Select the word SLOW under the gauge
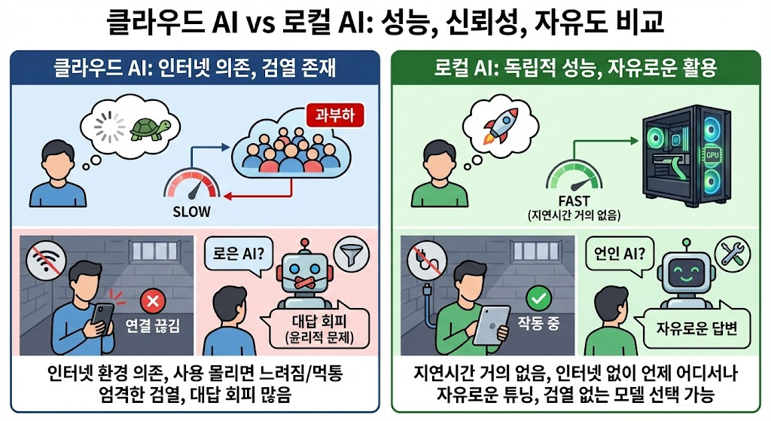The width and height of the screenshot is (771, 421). click(191, 211)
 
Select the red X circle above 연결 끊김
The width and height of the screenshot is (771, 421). click(153, 302)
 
